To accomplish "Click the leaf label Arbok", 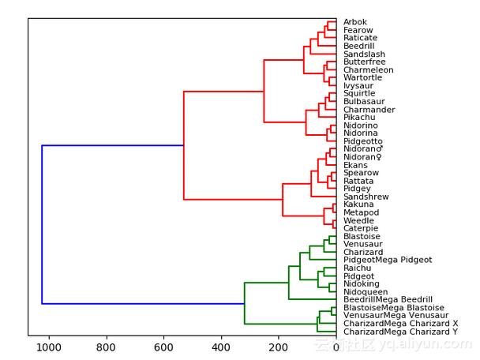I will [354, 22].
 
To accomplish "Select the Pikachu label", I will [359, 118].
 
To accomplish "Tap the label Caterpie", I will [360, 229].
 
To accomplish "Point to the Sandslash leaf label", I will [363, 54].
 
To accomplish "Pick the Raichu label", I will [358, 268].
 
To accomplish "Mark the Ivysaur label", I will [358, 86].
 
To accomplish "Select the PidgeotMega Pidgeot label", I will [388, 261].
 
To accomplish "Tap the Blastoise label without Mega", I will [362, 237].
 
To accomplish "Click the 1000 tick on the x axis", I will [50, 347].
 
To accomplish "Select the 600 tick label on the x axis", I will [164, 347].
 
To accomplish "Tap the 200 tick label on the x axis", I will [279, 347].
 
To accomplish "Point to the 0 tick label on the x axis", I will [336, 347].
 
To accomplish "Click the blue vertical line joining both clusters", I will [42, 224].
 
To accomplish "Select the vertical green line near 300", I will [245, 303].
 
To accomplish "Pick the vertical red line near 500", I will [184, 145].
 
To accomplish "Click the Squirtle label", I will [359, 94].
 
